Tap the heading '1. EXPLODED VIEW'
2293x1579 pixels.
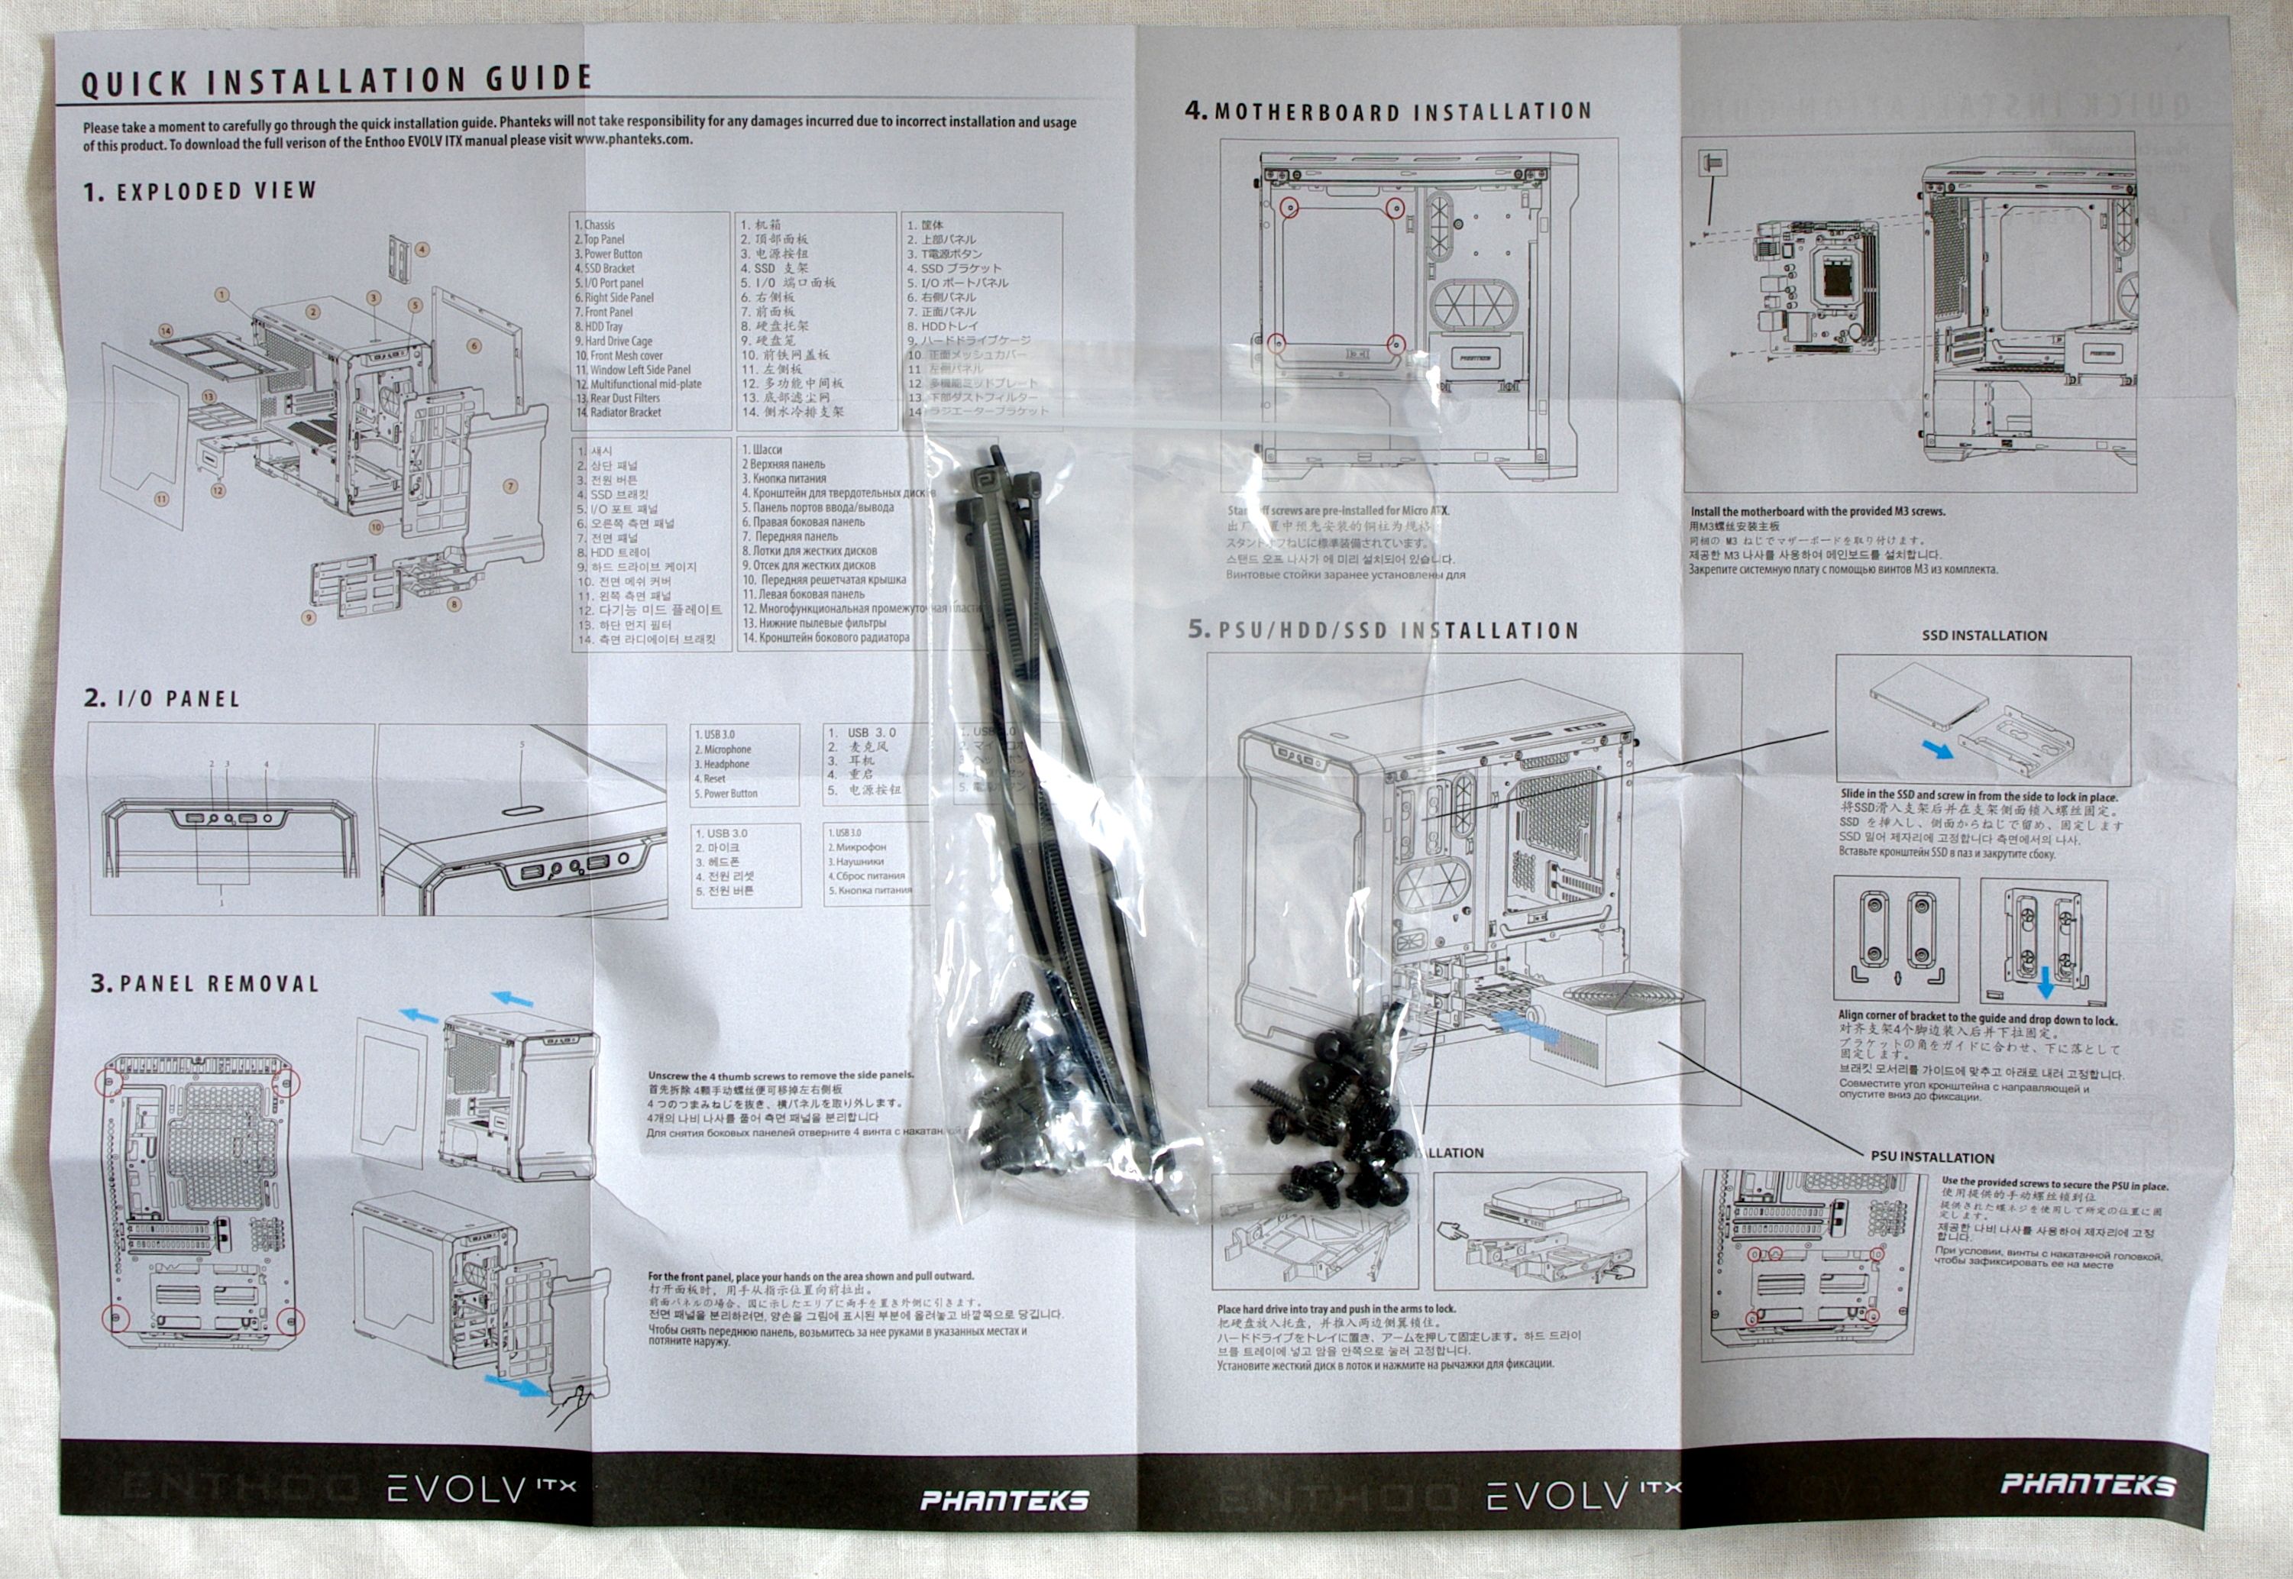pyautogui.click(x=200, y=190)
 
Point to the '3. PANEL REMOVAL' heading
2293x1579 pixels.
pyautogui.click(x=205, y=983)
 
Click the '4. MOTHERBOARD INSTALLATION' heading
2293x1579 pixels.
pyautogui.click(x=1388, y=112)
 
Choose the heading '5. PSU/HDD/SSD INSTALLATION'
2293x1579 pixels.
pyautogui.click(x=1383, y=630)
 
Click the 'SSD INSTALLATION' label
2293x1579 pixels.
pyautogui.click(x=1984, y=635)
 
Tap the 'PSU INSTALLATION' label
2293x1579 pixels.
pyautogui.click(x=1932, y=1157)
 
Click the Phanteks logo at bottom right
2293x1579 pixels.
pyautogui.click(x=2088, y=1484)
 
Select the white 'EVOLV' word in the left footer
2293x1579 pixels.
pyautogui.click(x=459, y=1490)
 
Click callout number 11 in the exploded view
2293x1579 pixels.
pyautogui.click(x=161, y=500)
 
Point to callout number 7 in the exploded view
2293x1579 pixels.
pyautogui.click(x=510, y=486)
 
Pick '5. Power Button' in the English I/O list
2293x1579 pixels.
pyautogui.click(x=726, y=794)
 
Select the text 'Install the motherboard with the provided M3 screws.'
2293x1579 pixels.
pyautogui.click(x=1817, y=512)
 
